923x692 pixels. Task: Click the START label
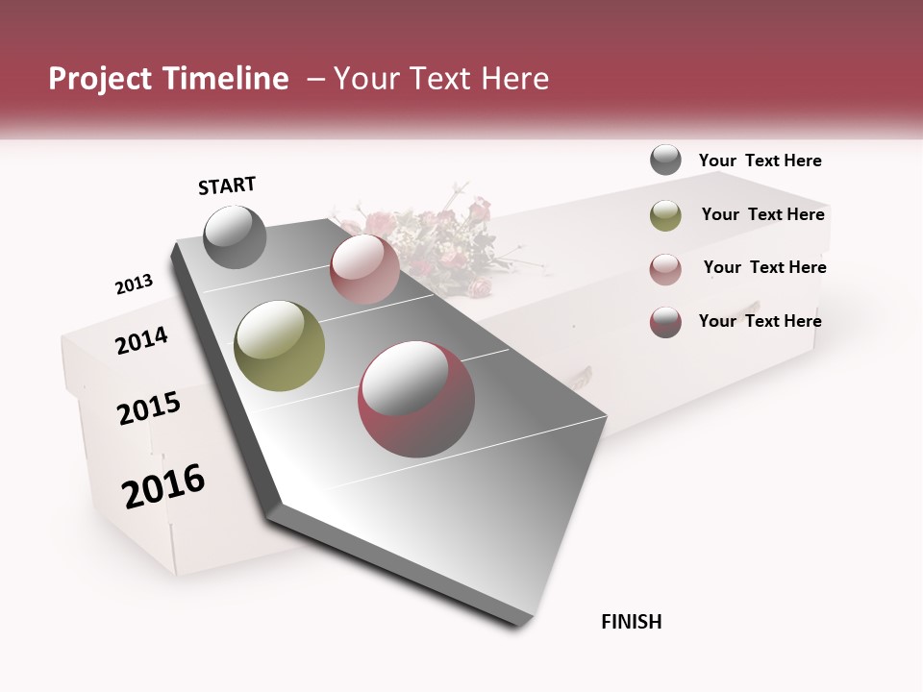pyautogui.click(x=227, y=185)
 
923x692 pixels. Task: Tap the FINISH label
pyautogui.click(x=631, y=622)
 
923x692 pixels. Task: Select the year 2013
pyautogui.click(x=134, y=284)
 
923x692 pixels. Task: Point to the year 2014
pyautogui.click(x=141, y=340)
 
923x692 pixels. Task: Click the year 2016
pyautogui.click(x=163, y=486)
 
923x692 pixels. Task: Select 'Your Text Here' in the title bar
pyautogui.click(x=440, y=79)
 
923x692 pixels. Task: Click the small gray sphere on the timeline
pyautogui.click(x=236, y=236)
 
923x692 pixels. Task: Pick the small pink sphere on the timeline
pyautogui.click(x=364, y=268)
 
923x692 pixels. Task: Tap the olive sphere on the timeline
pyautogui.click(x=279, y=346)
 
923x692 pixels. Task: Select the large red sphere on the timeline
pyautogui.click(x=416, y=399)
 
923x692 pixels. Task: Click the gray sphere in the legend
pyautogui.click(x=665, y=160)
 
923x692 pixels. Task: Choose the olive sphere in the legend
pyautogui.click(x=665, y=215)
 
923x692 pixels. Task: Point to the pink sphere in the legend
pyautogui.click(x=665, y=268)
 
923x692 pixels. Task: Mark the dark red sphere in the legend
pyautogui.click(x=665, y=322)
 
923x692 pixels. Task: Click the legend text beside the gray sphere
pyautogui.click(x=760, y=161)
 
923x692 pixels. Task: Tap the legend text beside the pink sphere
pyautogui.click(x=764, y=267)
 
